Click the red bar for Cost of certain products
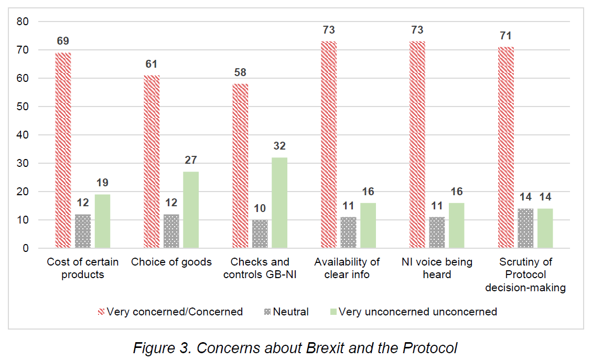[x=63, y=150]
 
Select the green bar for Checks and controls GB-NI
[x=279, y=203]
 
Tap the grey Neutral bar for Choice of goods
[x=171, y=231]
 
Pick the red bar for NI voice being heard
[x=417, y=144]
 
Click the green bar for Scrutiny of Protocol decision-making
[x=545, y=228]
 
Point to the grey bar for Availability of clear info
[x=348, y=232]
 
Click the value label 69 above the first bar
[x=63, y=41]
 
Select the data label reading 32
[x=279, y=146]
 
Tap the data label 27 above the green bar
[x=191, y=160]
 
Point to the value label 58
[x=240, y=72]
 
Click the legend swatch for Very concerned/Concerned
[x=101, y=312]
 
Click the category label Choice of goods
[x=171, y=262]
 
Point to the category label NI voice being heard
[x=437, y=268]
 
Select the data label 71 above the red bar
[x=505, y=36]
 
